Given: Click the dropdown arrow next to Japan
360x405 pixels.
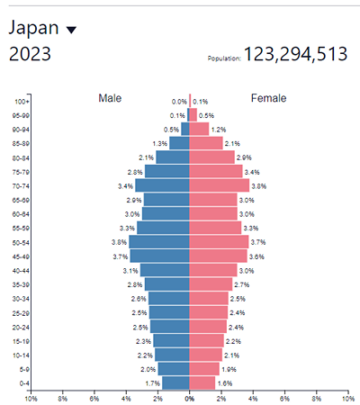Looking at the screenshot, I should tap(72, 30).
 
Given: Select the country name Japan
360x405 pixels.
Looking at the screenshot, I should tap(33, 28).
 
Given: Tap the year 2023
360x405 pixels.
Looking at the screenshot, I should tap(30, 54).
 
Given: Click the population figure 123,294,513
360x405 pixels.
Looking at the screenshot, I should tap(295, 55).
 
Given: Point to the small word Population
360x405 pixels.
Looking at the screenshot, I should tap(223, 58).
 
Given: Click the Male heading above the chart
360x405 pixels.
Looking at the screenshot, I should tap(110, 97).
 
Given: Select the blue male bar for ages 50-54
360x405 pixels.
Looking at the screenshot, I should tap(158, 242).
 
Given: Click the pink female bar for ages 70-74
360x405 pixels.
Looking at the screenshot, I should tap(219, 185).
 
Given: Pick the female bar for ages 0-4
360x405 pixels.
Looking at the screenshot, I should tap(202, 382).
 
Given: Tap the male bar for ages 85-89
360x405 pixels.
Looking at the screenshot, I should tap(179, 143).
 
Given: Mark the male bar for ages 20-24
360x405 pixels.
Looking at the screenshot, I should tap(169, 327).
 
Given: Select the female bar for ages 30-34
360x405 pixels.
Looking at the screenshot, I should tap(209, 298).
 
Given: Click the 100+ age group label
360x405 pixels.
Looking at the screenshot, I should tap(22, 102).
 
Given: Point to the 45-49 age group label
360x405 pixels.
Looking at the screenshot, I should tap(20, 256).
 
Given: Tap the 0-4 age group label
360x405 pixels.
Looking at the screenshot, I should tap(22, 382).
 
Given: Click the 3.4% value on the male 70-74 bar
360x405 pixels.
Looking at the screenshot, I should tap(126, 185).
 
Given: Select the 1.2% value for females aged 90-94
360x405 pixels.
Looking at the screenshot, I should tap(219, 130).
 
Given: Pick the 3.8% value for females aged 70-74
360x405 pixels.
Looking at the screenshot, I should tap(258, 185).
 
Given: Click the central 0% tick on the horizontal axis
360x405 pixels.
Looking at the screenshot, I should tap(189, 397).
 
